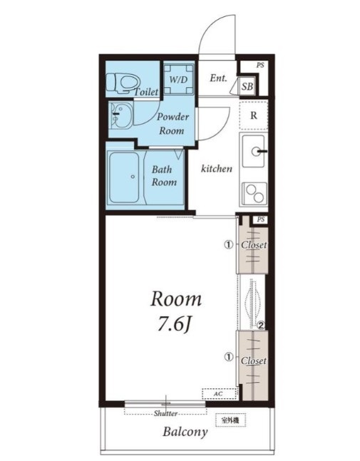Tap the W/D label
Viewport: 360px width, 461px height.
coord(178,79)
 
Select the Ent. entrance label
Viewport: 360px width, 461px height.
coord(218,78)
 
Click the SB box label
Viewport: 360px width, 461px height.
coord(247,86)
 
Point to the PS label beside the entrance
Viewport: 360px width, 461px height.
coord(260,65)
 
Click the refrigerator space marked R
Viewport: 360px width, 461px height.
coord(254,115)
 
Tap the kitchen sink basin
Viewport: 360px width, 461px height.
coord(254,152)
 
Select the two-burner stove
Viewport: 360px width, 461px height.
coord(254,193)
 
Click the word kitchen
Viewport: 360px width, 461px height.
coord(217,168)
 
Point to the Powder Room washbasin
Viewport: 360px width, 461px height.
coord(120,115)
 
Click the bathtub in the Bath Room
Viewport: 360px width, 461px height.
coord(124,177)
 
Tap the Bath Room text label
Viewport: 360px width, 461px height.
coord(164,176)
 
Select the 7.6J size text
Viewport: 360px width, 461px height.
coord(175,325)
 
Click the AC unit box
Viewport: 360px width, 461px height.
coord(220,394)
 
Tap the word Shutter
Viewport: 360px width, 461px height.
coord(165,413)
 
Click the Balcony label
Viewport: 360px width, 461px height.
coord(185,432)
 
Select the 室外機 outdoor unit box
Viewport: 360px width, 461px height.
coord(230,420)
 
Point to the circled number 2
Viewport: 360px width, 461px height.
coord(261,325)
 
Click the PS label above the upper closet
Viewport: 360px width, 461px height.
coord(261,219)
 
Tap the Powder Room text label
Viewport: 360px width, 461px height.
coord(173,123)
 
